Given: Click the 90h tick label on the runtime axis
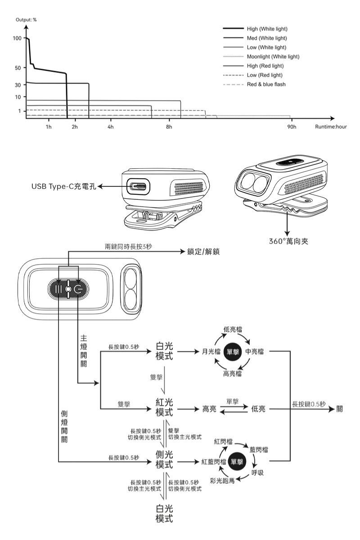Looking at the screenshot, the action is tap(292, 127).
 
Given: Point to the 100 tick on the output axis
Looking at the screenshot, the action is tap(18, 38).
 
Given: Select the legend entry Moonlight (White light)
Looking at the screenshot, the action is tap(273, 57).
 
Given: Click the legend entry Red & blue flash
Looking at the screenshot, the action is tap(266, 85).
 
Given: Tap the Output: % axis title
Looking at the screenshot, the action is tap(26, 20).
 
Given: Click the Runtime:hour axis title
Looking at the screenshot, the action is tap(331, 127).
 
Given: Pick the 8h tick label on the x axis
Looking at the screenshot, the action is tap(169, 127).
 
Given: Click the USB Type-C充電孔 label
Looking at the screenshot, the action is tap(63, 186).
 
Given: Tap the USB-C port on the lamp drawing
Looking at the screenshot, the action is tap(138, 186).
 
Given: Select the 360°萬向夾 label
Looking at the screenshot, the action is tap(288, 241).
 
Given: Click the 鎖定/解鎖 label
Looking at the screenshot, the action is tap(203, 252).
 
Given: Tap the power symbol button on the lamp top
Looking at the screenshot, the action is tap(78, 289).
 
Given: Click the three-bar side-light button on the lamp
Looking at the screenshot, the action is tap(58, 289).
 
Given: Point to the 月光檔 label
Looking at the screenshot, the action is tap(211, 351).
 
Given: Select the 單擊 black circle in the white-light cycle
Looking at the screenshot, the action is tap(233, 352).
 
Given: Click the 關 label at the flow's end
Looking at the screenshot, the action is tap(339, 409).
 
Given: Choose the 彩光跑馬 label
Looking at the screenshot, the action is tap(222, 481).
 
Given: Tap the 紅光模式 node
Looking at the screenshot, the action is tap(164, 407).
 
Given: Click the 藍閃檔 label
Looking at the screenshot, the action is tap(258, 450).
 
